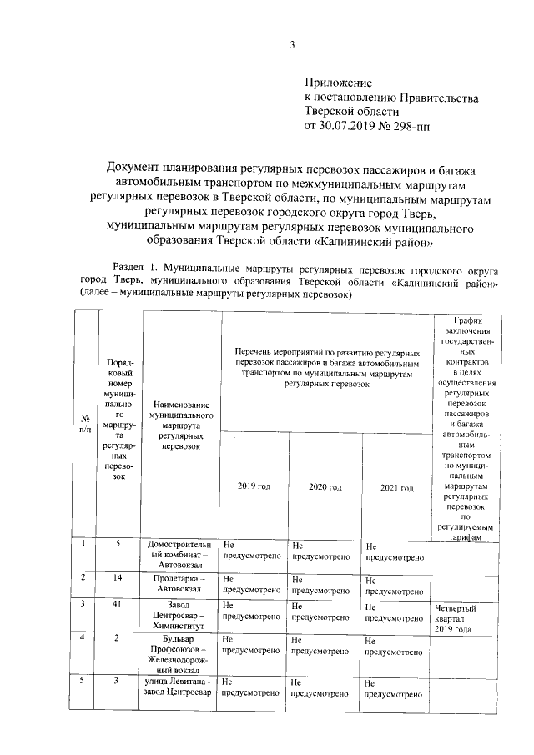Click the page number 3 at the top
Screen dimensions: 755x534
(292, 45)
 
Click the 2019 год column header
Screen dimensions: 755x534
(254, 486)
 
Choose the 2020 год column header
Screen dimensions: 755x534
(325, 486)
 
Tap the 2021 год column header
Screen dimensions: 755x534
(396, 486)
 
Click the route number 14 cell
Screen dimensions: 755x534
(118, 576)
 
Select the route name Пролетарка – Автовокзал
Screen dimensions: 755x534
(182, 581)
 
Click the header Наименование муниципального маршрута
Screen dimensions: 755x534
(182, 425)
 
